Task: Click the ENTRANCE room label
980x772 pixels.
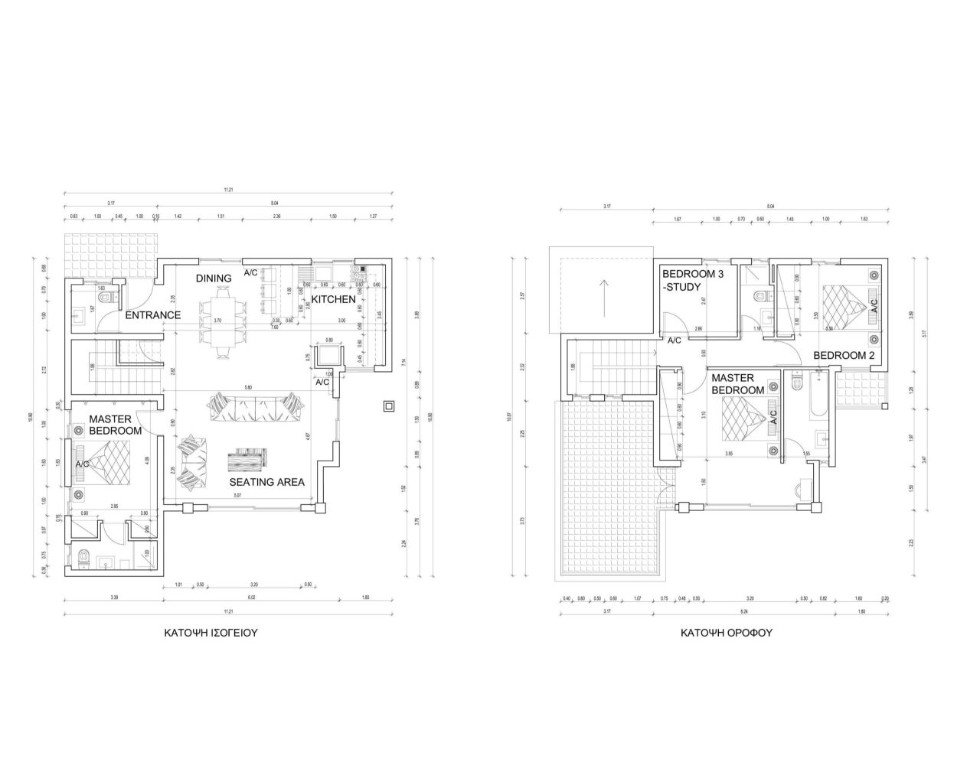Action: coord(153,315)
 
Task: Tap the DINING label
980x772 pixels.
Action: coord(214,279)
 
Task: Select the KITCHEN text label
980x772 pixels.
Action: coord(333,299)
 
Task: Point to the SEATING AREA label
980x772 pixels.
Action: coord(267,482)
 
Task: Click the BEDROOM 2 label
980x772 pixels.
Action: coord(844,355)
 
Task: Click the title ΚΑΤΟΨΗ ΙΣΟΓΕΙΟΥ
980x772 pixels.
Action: coord(210,634)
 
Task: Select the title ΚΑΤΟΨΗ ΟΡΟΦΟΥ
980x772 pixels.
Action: coord(727,634)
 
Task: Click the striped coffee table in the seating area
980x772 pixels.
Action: coord(248,458)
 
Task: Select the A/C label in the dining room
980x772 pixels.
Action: coord(250,272)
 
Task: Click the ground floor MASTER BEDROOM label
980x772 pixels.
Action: coord(115,425)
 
